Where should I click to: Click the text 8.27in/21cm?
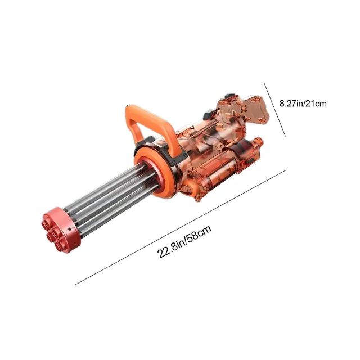point(303,103)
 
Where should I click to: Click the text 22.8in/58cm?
point(184,242)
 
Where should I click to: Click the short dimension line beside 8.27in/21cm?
point(274,110)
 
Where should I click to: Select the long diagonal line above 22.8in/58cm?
point(181,227)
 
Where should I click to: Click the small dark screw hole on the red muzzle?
point(69,229)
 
